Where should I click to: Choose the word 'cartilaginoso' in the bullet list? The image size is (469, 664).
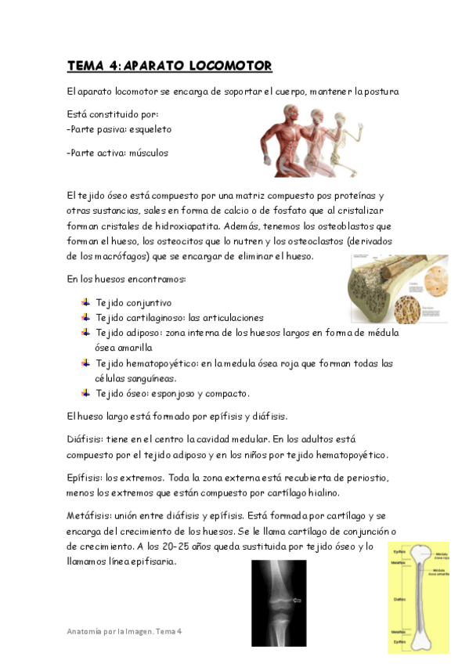tap(153, 318)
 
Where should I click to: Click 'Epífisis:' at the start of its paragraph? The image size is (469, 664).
tap(88, 478)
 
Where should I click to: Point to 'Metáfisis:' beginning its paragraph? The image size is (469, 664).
tap(91, 515)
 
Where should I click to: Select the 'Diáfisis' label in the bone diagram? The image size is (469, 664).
tap(400, 600)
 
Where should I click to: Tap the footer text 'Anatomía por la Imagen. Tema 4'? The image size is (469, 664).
tap(124, 631)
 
